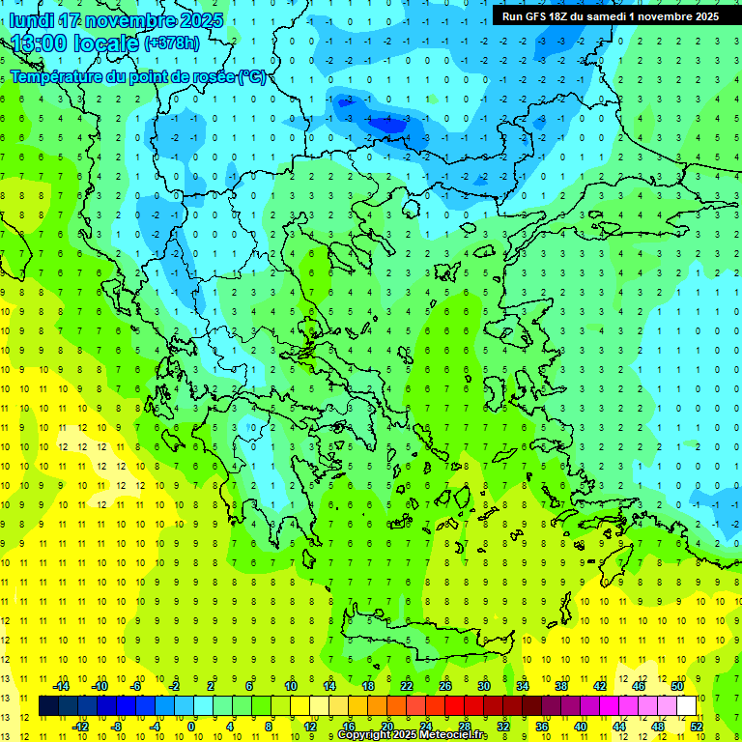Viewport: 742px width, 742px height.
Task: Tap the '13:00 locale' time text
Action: [x=72, y=43]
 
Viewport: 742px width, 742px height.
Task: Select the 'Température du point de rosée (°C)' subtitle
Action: [x=138, y=76]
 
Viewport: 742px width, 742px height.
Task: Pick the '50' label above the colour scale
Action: [x=676, y=686]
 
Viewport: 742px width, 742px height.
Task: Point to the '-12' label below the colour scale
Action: [x=81, y=726]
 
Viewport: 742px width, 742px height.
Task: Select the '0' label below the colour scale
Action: [x=191, y=726]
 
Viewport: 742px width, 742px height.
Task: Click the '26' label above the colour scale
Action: [x=445, y=686]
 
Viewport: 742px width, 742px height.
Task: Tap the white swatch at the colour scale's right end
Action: [x=687, y=706]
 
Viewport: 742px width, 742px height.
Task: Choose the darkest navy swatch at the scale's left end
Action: [x=48, y=706]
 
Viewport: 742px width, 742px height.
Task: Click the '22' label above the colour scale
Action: [x=407, y=686]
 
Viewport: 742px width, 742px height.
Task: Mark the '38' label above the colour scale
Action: [x=561, y=686]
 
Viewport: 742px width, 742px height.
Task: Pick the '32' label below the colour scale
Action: [x=503, y=726]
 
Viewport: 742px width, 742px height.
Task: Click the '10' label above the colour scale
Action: [x=290, y=686]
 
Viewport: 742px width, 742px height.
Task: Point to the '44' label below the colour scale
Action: [x=619, y=726]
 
